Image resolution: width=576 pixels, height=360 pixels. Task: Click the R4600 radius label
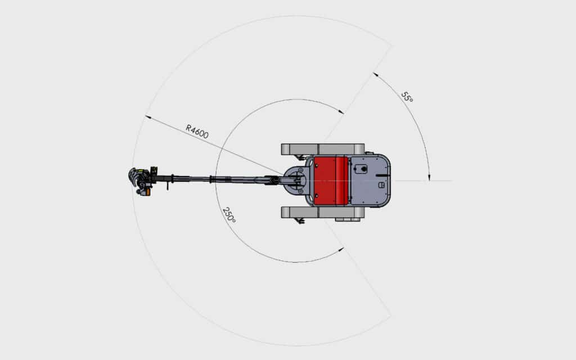[197, 131]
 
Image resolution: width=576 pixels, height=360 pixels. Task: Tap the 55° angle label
[407, 97]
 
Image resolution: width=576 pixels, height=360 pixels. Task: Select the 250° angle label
[229, 215]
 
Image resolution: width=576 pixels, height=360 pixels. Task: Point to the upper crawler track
[323, 149]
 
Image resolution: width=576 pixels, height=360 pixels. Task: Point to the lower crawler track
[323, 212]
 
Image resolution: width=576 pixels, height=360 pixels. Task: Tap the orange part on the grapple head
[148, 192]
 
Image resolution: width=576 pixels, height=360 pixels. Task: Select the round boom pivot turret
[295, 181]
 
